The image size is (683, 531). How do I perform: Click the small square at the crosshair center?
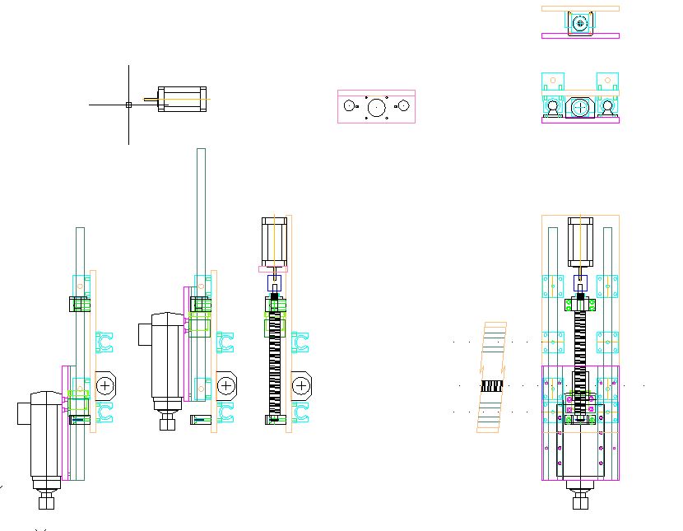point(128,105)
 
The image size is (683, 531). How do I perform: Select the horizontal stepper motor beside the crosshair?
point(183,100)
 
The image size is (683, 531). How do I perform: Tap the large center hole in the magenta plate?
point(377,106)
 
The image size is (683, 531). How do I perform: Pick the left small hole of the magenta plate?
point(350,106)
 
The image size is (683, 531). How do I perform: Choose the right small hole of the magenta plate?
point(403,106)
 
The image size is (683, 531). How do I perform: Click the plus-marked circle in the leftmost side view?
point(105,384)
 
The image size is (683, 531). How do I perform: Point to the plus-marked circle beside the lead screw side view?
point(302,384)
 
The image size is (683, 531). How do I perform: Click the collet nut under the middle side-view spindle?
point(169,423)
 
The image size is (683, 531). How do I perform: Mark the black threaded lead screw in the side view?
point(274,362)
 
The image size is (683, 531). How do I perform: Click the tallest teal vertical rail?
point(201,214)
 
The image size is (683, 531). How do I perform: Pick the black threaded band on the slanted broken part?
point(491,385)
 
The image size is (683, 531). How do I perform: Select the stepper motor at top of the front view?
point(580,243)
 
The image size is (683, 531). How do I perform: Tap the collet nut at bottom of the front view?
point(580,501)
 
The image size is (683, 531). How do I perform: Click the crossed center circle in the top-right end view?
point(580,106)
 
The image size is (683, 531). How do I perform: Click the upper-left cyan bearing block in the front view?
point(552,286)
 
